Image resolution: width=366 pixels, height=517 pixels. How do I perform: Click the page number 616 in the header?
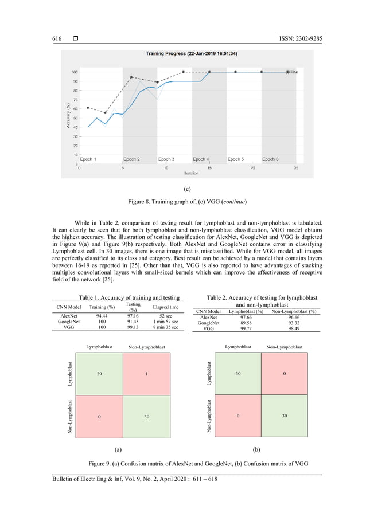click(57, 38)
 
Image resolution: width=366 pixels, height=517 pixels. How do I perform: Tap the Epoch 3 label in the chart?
click(166, 159)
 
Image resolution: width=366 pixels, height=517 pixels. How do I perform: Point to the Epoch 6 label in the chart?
click(270, 159)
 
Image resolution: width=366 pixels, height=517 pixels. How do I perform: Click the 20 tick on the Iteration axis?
click(253, 169)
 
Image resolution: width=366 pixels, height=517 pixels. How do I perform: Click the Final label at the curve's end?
click(294, 72)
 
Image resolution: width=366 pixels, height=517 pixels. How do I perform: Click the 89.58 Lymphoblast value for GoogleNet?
click(244, 323)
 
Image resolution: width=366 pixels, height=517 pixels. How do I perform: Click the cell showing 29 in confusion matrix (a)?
click(100, 373)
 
